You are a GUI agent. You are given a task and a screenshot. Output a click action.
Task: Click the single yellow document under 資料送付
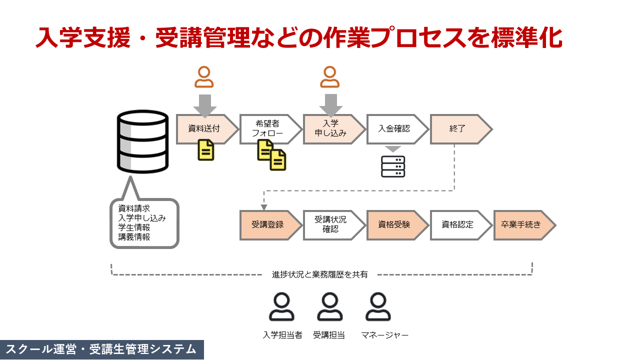[206, 150]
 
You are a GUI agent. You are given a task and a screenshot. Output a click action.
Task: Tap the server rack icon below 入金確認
[393, 166]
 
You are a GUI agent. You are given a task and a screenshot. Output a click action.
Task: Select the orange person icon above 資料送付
[204, 77]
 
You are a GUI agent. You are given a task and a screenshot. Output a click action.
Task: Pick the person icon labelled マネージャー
[378, 306]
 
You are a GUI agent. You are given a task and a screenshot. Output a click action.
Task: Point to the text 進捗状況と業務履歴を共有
[320, 274]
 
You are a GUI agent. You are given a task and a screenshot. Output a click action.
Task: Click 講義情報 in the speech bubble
[134, 237]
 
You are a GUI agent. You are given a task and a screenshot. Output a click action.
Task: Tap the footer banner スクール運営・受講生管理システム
[102, 349]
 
